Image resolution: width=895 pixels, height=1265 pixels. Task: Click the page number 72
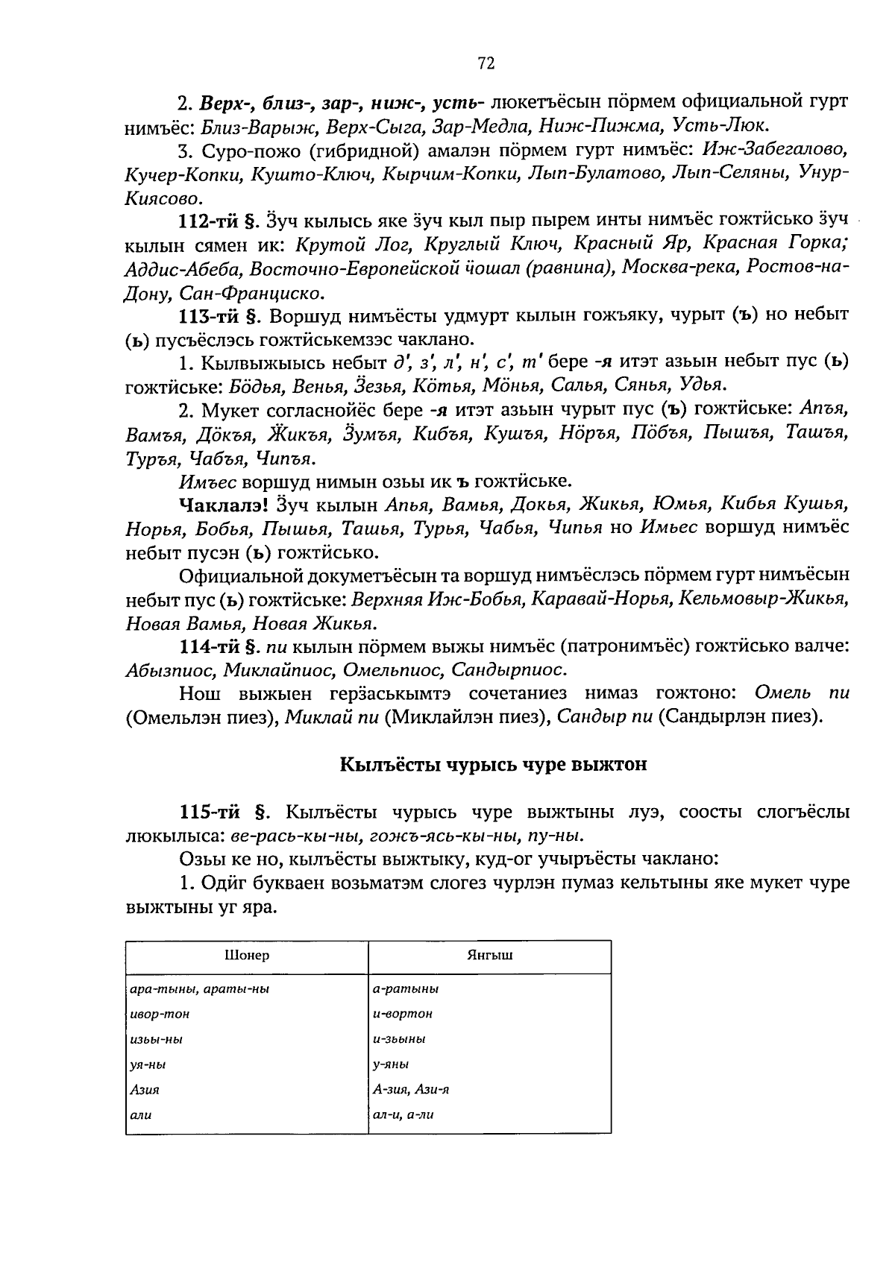coord(486,64)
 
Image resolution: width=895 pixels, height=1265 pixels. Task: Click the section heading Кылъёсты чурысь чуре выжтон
coord(493,765)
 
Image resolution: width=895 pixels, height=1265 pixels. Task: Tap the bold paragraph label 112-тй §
coord(219,221)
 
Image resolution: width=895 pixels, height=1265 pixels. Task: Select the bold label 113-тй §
coord(219,315)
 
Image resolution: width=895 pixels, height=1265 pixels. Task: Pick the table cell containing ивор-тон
coord(160,1014)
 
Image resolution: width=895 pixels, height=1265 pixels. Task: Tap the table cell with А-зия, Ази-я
coord(410,1090)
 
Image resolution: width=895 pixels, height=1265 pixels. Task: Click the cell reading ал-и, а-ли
coord(403,1115)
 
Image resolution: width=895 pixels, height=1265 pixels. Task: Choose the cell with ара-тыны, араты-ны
coord(199,989)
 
